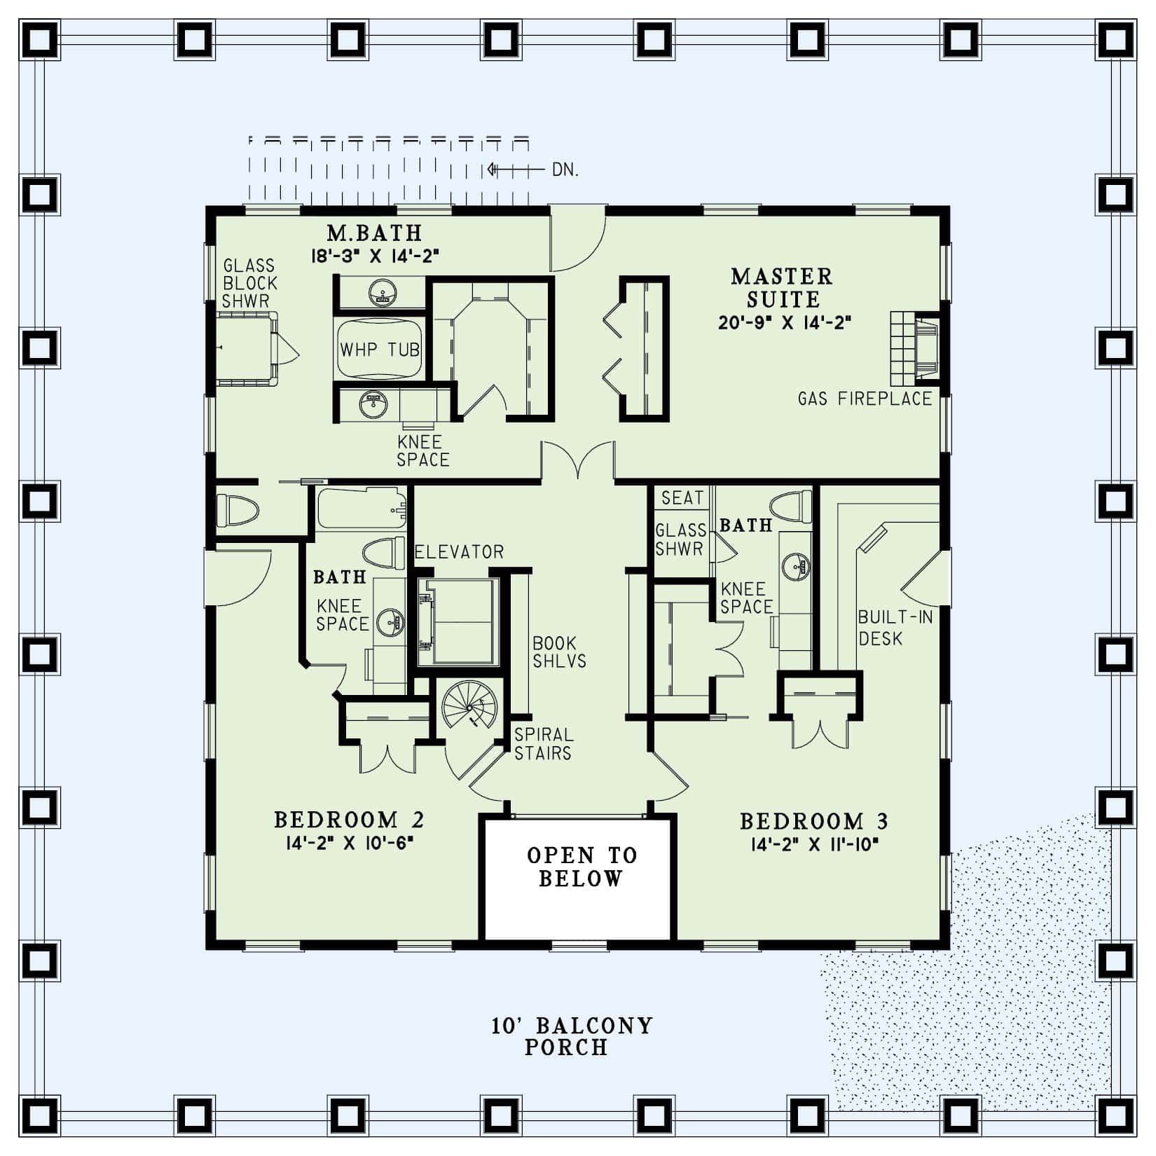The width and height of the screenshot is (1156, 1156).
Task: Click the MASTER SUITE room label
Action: click(782, 287)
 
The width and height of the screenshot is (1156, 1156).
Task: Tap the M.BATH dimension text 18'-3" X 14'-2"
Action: click(375, 256)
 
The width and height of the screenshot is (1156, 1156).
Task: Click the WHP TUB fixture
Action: click(380, 348)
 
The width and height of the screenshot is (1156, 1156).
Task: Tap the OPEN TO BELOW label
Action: click(582, 867)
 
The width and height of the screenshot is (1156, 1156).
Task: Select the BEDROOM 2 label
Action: click(348, 819)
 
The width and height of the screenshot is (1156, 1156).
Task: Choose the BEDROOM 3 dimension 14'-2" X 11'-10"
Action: click(814, 844)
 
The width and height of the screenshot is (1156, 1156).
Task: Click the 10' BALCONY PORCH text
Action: click(571, 1036)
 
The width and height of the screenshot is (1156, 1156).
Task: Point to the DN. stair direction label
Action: click(565, 170)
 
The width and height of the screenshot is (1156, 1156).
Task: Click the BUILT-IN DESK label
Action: click(895, 628)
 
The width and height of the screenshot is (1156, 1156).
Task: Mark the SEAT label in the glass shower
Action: click(681, 497)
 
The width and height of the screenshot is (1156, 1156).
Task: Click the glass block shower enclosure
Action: click(245, 348)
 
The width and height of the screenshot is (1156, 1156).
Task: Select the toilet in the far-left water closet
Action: click(237, 511)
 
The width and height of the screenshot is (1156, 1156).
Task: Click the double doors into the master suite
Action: click(578, 462)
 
